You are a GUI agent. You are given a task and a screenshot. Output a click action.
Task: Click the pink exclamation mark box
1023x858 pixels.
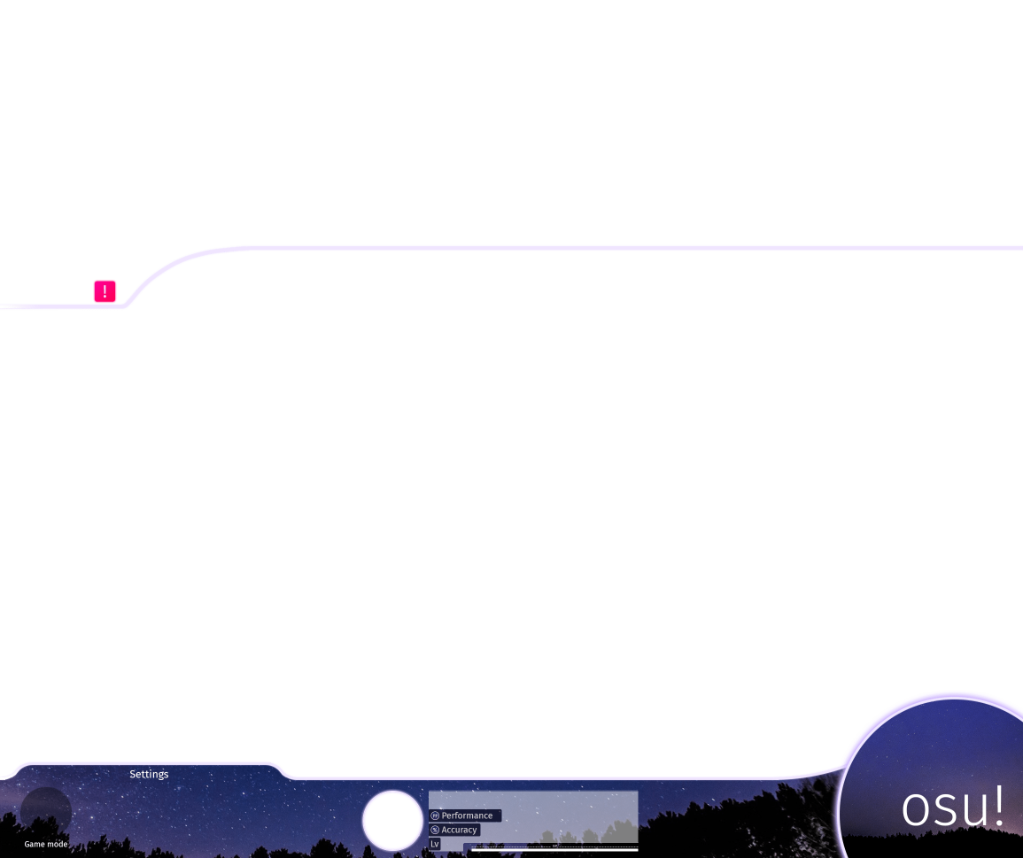tap(105, 291)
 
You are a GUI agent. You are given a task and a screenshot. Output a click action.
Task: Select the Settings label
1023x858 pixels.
tap(149, 775)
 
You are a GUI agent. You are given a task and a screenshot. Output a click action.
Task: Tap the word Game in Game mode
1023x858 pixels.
tap(35, 845)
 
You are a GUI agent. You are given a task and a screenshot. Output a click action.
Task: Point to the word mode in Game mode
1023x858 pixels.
tap(58, 845)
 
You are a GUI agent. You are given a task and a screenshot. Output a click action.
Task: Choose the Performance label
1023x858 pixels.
tap(467, 815)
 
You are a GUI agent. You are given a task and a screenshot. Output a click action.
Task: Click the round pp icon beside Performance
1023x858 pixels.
tap(435, 815)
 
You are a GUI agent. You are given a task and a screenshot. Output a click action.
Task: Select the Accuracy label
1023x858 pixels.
tap(459, 831)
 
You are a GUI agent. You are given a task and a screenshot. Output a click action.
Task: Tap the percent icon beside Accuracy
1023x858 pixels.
tap(435, 831)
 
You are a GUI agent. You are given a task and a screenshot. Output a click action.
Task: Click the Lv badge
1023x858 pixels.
tap(435, 845)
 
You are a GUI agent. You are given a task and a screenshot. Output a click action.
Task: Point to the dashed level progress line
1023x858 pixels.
tap(554, 847)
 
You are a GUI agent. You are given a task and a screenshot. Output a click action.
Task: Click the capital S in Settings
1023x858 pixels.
tap(133, 775)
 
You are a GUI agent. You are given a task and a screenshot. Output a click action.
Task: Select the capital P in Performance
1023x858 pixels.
tap(445, 815)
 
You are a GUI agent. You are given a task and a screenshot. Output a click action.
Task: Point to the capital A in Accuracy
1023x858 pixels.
tap(445, 831)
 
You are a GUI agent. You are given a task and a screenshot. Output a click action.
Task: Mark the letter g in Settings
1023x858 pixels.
tap(159, 776)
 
